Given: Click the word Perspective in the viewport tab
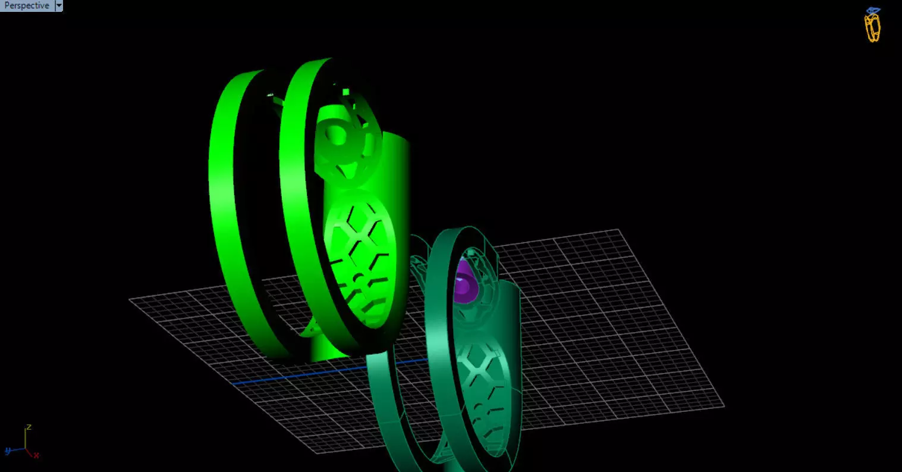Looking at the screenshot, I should (27, 5).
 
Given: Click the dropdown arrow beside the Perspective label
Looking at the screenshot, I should (58, 5).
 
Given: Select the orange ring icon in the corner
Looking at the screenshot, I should (872, 26).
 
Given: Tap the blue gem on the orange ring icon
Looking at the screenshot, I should (873, 11).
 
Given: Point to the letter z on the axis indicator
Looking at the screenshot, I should (28, 427).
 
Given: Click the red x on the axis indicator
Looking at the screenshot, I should (37, 455).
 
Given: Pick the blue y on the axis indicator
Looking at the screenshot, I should (8, 451).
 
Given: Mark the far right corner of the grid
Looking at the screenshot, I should (723, 407).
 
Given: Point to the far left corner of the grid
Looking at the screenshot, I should (130, 299).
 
